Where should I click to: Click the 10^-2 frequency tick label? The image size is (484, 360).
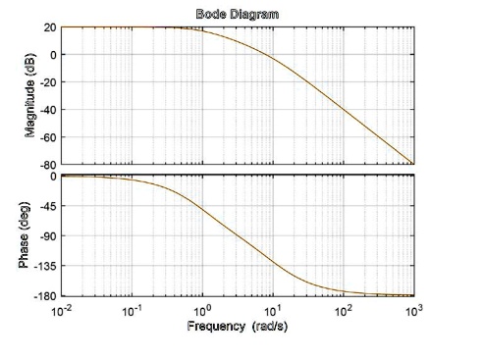click(61, 310)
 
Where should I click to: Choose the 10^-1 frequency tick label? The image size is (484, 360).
click(132, 310)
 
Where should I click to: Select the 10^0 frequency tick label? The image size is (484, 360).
click(202, 310)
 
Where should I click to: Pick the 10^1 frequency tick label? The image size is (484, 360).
click(273, 310)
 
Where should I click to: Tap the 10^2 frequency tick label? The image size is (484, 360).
click(344, 310)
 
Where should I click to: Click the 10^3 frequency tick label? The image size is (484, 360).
click(413, 310)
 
